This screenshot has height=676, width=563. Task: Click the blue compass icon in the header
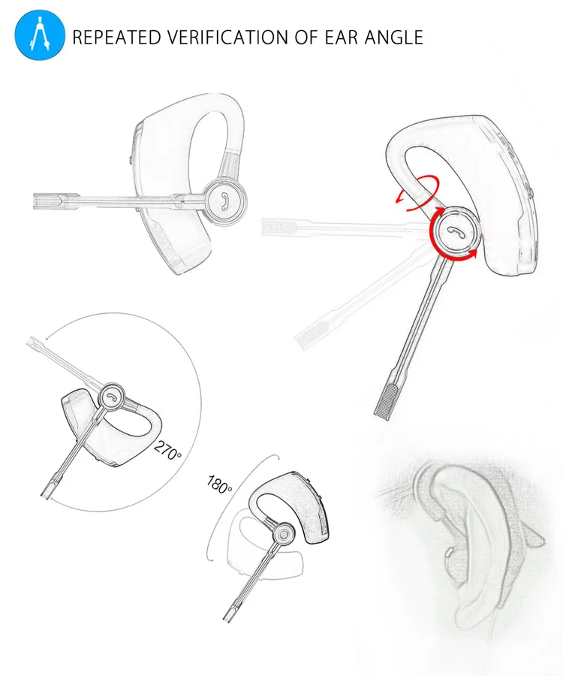(36, 36)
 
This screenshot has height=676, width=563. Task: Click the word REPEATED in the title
(116, 37)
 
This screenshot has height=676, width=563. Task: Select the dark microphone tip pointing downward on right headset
(386, 398)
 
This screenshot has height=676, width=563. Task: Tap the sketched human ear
(465, 541)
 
